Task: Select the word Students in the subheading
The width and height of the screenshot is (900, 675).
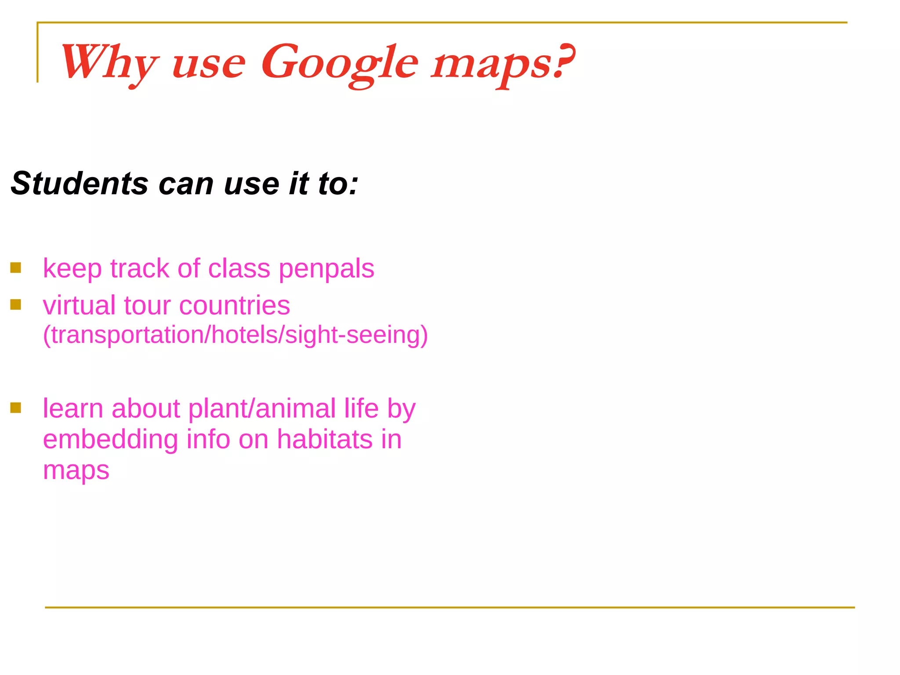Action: pos(80,183)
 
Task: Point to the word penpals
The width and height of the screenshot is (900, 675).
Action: pos(327,269)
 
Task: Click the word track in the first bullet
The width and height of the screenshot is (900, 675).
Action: pos(139,269)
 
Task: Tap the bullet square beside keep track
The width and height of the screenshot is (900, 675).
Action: pos(16,268)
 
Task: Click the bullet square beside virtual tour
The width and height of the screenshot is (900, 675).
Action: pos(16,305)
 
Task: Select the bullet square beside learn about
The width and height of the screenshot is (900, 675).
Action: pos(16,408)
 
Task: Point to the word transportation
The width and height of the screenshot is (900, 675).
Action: pos(127,335)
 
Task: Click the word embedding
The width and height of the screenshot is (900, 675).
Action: pos(110,439)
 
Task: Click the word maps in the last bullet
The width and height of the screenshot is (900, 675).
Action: pos(76,471)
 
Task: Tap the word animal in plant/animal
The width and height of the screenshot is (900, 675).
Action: pos(295,409)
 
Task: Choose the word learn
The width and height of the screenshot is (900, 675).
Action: pos(73,409)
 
